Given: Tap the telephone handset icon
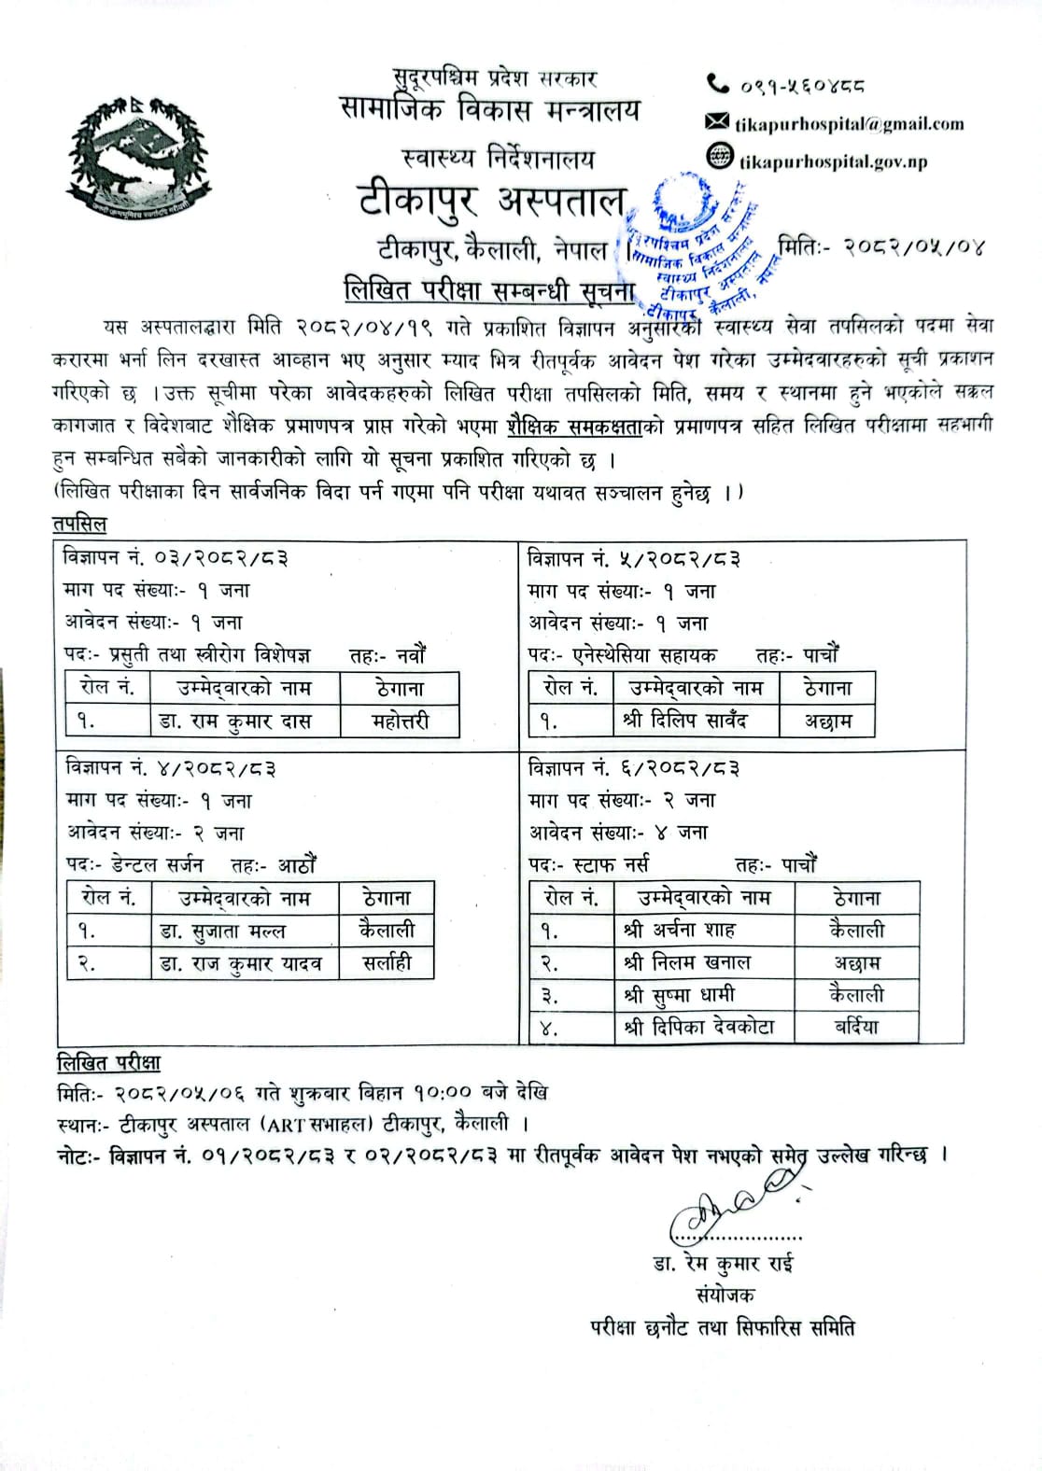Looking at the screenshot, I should [x=717, y=85].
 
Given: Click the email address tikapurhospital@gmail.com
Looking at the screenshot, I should [x=849, y=123].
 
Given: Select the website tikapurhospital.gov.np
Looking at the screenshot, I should [x=833, y=161].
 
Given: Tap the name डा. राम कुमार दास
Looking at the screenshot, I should [x=245, y=721].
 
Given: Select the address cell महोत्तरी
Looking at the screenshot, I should [x=400, y=721].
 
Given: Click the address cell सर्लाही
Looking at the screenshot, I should [x=387, y=962].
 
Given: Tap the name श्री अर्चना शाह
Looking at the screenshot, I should [x=680, y=931].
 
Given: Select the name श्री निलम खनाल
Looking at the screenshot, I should [x=688, y=962].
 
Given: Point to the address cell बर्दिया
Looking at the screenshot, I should [x=857, y=1028].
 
